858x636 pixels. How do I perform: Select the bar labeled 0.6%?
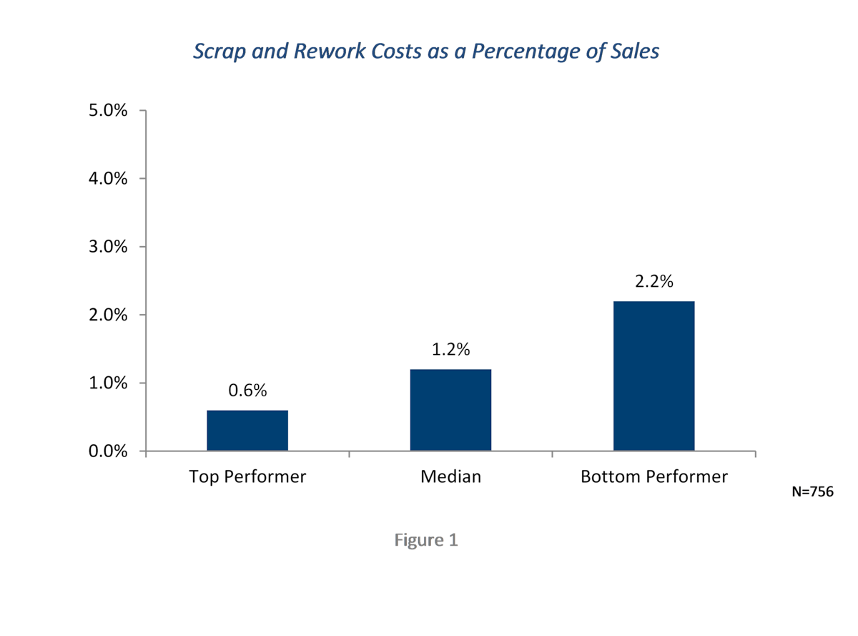[247, 430]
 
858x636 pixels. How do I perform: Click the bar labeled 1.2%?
[450, 410]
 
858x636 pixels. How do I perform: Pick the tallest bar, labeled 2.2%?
[654, 376]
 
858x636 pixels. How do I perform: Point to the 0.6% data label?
[247, 391]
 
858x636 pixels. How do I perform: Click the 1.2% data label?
[450, 350]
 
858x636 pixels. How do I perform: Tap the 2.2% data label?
[654, 282]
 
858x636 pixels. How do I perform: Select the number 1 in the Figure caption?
[453, 540]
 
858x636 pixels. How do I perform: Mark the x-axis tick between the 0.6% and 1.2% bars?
[349, 454]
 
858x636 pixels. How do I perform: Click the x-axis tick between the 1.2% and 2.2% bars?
[553, 454]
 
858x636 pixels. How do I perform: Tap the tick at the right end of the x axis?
[756, 454]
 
